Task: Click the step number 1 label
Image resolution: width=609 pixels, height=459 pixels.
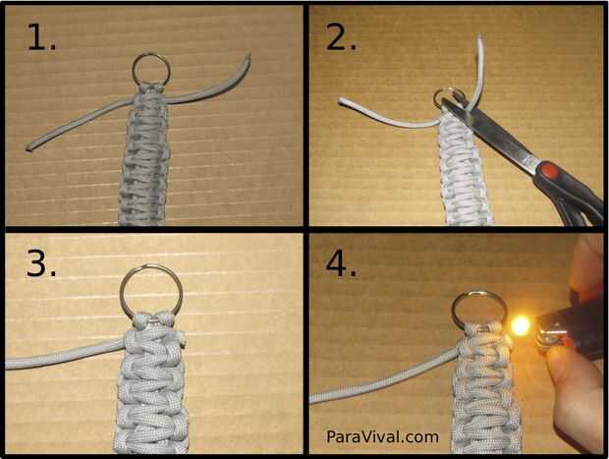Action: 41,37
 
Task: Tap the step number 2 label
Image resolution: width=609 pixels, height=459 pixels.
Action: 341,37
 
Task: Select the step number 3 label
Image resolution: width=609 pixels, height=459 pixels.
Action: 41,262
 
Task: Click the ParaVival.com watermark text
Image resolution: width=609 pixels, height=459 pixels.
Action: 382,436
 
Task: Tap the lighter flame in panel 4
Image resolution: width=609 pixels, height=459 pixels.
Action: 521,325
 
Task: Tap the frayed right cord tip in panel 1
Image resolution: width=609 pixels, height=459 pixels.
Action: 248,58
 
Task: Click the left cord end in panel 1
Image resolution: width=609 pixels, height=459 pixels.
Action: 29,147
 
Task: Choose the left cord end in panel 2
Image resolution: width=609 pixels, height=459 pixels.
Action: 342,101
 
